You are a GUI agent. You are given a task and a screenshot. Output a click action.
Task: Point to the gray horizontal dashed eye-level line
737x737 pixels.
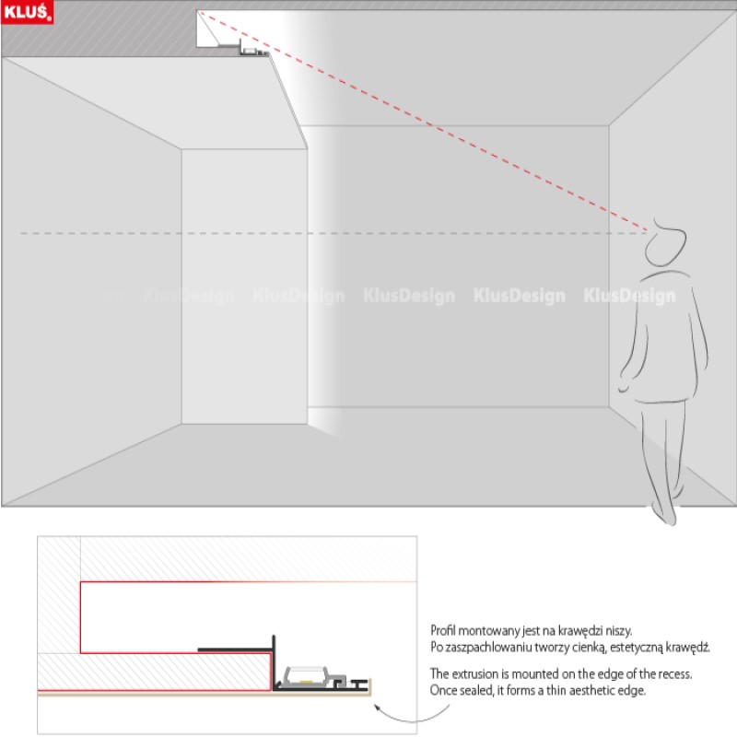(x=276, y=232)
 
